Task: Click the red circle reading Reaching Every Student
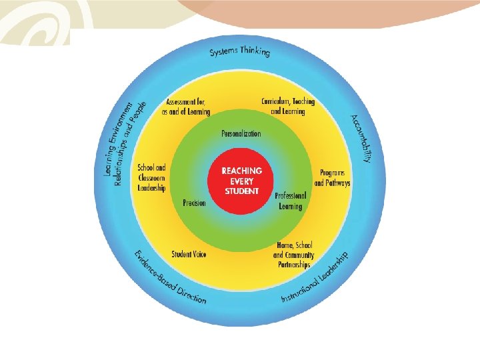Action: click(x=242, y=180)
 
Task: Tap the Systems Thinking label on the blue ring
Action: click(x=239, y=51)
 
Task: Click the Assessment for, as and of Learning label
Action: click(x=188, y=107)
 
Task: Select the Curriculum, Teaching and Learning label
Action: click(x=288, y=107)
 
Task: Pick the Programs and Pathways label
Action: click(x=332, y=177)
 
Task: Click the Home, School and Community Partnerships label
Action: click(x=293, y=255)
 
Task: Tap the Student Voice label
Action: click(x=189, y=255)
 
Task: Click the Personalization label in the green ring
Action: click(x=241, y=134)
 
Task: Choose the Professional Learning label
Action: click(x=290, y=201)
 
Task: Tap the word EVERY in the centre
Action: click(x=242, y=180)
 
